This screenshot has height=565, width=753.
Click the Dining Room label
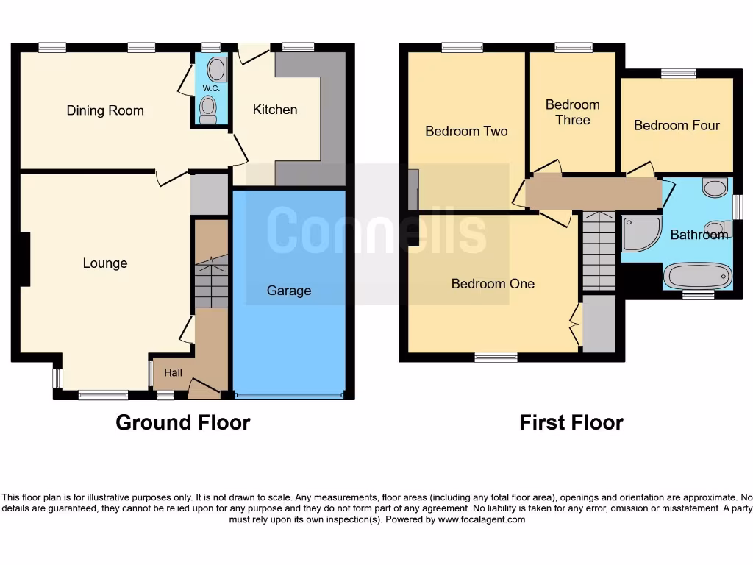tap(105, 111)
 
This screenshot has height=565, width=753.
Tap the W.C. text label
tap(211, 88)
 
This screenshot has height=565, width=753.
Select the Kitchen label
tap(275, 110)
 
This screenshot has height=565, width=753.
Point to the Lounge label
tap(104, 263)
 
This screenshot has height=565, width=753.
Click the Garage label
tap(288, 291)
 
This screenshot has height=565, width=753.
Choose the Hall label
tap(173, 373)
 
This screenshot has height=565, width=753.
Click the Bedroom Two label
tap(466, 132)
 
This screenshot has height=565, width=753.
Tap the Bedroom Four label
tap(677, 126)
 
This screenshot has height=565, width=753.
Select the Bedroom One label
tap(493, 284)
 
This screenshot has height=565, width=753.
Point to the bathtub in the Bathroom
tap(697, 277)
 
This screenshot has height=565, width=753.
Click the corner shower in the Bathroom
tap(638, 232)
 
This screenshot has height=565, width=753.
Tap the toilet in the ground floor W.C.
tap(209, 110)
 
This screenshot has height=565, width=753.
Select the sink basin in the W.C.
tap(216, 70)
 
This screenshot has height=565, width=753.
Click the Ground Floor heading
tap(182, 423)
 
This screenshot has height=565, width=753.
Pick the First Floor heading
tap(571, 423)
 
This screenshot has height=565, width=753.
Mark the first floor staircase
tap(599, 251)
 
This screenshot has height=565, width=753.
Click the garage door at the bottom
tap(288, 397)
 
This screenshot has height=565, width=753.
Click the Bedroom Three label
tap(572, 112)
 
